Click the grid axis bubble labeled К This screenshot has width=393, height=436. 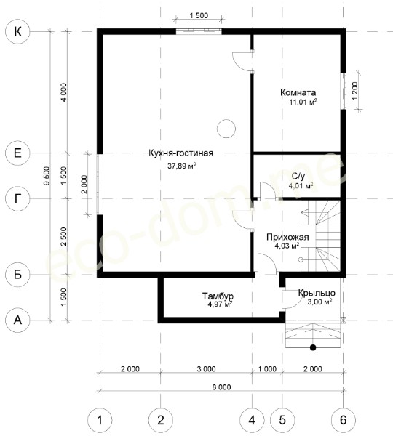click(17, 31)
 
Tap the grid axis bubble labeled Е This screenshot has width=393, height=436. click(17, 153)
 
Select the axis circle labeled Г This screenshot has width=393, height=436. click(17, 198)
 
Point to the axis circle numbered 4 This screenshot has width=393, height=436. click(252, 420)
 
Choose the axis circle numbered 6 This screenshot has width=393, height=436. click(343, 420)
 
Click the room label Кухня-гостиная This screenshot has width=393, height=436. click(180, 153)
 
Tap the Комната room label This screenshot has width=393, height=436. click(298, 92)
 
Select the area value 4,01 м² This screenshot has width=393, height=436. click(301, 186)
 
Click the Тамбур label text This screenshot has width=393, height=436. click(218, 296)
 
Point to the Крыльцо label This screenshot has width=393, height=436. click(317, 293)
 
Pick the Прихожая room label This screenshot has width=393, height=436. click(287, 237)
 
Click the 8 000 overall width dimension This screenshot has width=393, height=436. click(221, 387)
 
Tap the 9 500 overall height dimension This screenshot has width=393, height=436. click(47, 176)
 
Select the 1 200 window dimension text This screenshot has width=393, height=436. click(354, 92)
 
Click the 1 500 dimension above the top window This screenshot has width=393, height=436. click(199, 15)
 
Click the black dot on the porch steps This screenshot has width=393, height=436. click(313, 347)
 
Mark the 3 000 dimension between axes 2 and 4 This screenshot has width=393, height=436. click(206, 369)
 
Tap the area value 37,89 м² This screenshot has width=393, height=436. click(182, 166)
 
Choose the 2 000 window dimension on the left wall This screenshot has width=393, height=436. click(84, 184)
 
